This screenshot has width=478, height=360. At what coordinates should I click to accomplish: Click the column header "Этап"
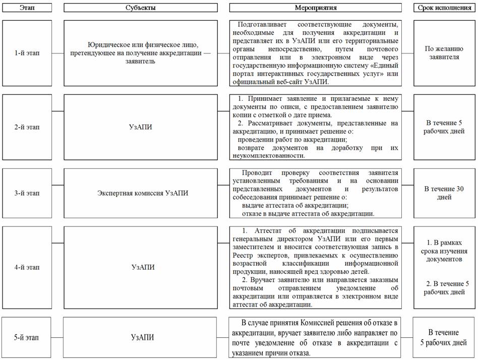point(27,8)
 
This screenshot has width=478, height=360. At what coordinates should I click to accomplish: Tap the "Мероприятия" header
point(315,8)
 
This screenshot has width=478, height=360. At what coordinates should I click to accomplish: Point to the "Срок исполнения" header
point(444,8)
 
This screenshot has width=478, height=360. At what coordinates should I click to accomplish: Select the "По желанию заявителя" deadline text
point(444,53)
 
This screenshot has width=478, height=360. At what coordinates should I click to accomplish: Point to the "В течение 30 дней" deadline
point(444,193)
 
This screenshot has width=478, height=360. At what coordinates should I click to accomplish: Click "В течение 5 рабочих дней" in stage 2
point(444,127)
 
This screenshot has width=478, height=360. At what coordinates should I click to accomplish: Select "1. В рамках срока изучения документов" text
point(444,250)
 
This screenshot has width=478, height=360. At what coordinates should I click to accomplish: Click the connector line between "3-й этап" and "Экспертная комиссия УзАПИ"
point(57,193)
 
